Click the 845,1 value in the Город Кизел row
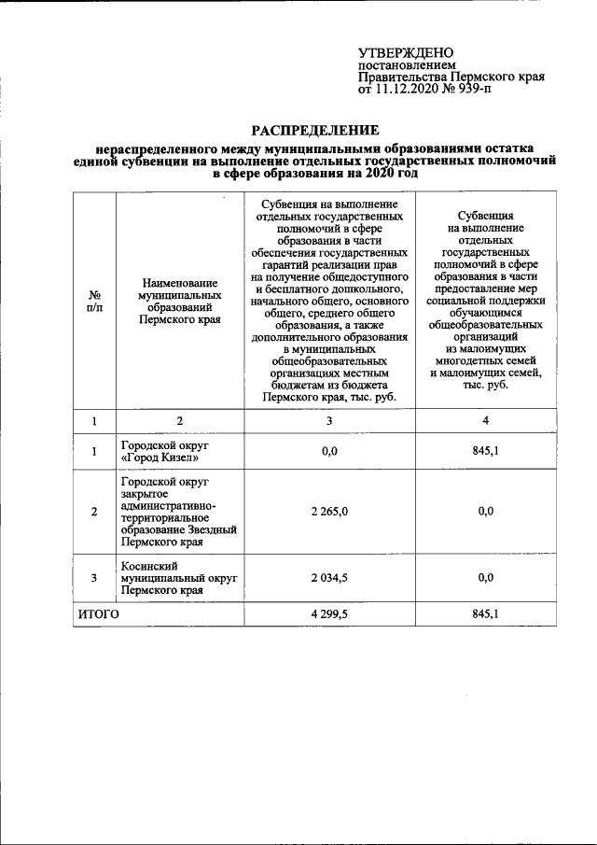[x=485, y=452]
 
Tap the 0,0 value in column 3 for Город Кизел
[x=328, y=452]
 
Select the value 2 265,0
[x=328, y=512]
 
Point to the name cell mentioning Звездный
[x=177, y=512]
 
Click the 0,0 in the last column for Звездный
[x=485, y=512]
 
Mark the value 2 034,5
[x=328, y=579]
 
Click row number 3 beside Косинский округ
[x=93, y=579]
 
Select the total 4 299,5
[x=328, y=614]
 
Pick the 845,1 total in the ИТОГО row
[x=485, y=614]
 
